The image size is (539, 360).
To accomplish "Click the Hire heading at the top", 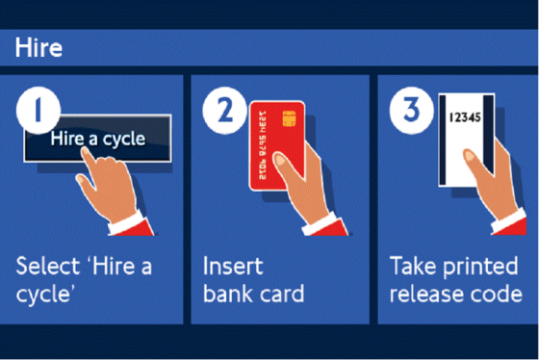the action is (38, 47).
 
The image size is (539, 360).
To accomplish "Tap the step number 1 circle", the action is (38, 110).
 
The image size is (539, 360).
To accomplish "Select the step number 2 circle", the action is (225, 110).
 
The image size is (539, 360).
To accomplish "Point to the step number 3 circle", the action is (412, 110).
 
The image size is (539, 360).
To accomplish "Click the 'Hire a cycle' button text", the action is (98, 140).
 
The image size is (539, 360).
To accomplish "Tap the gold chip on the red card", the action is (289, 118).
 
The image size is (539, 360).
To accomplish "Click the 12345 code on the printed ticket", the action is (465, 117).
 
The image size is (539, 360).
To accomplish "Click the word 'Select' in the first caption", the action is (48, 266).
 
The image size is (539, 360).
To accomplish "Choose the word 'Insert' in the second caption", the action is (233, 266).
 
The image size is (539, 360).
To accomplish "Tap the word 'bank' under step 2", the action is (227, 294).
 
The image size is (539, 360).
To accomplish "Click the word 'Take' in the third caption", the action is (413, 266).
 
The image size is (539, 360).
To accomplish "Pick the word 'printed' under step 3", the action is (480, 268).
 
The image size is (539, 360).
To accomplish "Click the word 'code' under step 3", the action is (497, 294).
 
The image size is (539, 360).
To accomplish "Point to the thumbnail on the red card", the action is (280, 160).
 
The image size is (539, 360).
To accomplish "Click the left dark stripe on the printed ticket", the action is (443, 140).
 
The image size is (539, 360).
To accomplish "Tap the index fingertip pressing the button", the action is (87, 152).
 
